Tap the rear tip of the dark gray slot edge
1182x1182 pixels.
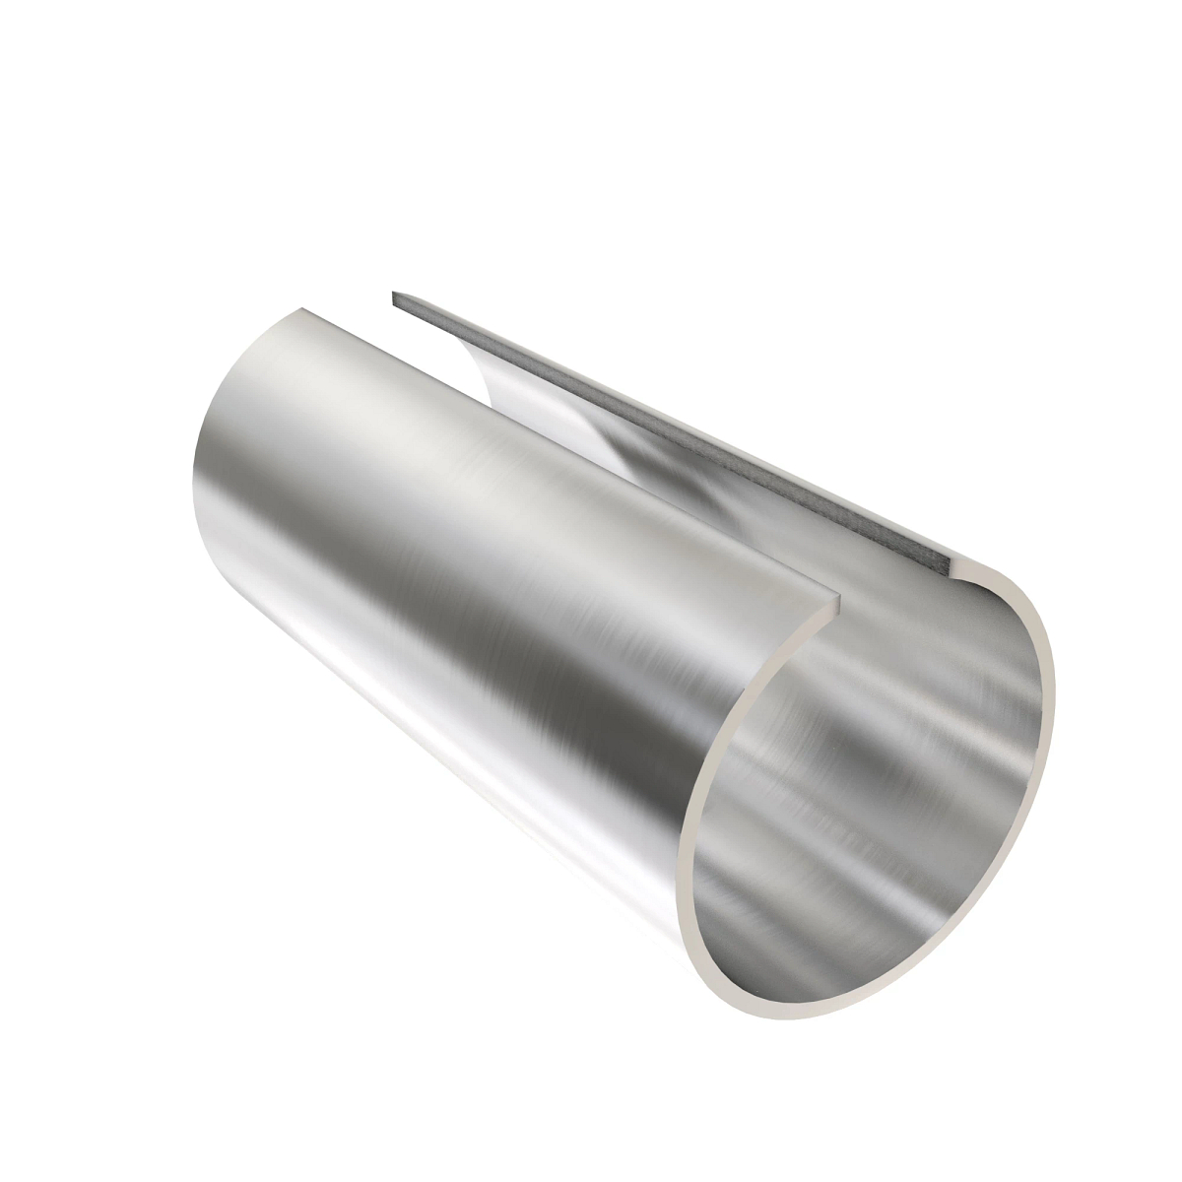pyautogui.click(x=395, y=296)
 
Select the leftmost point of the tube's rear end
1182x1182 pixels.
pyautogui.click(x=191, y=483)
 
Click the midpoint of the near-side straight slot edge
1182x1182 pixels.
pyautogui.click(x=571, y=463)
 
